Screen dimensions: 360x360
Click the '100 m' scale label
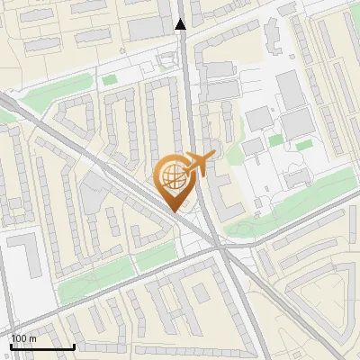click(x=23, y=338)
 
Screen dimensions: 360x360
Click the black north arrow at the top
click(x=181, y=24)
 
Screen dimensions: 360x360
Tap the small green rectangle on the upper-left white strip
click(x=110, y=81)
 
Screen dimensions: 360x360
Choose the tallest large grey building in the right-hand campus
click(x=291, y=89)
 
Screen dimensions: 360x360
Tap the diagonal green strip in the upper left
click(x=54, y=91)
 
